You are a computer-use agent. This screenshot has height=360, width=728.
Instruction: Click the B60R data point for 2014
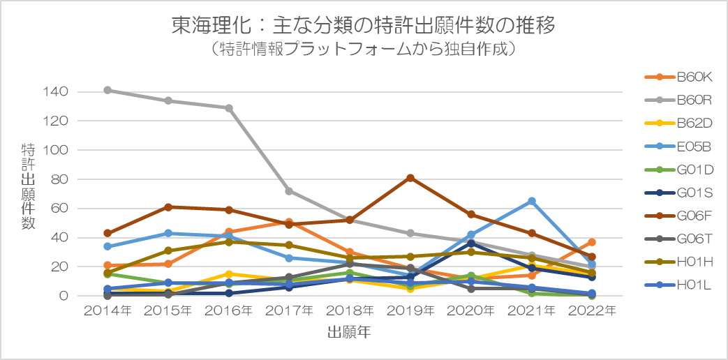(107, 90)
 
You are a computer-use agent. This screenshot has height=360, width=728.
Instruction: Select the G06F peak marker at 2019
(410, 178)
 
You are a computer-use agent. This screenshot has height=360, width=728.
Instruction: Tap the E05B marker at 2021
(532, 201)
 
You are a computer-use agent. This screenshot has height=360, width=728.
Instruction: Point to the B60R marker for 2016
(229, 108)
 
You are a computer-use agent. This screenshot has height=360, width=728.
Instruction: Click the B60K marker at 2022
(592, 242)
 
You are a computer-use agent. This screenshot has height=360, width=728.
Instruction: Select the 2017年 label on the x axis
(289, 310)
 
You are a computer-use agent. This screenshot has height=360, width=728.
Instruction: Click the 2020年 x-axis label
(471, 310)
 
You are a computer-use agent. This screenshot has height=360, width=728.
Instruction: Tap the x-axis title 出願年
(349, 333)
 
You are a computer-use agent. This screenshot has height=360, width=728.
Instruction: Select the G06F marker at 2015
(168, 207)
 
